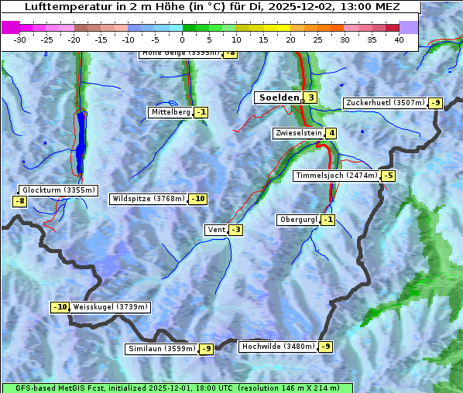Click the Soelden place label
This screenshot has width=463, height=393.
click(x=278, y=97)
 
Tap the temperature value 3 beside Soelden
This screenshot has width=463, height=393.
click(x=310, y=97)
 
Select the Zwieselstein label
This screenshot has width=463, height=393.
click(x=298, y=133)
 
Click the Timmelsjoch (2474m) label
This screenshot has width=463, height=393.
click(x=337, y=176)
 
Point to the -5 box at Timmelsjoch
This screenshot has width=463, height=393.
click(x=388, y=176)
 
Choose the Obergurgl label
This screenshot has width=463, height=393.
click(x=297, y=220)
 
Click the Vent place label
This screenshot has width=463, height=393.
click(x=216, y=230)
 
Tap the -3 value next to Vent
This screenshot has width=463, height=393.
click(x=235, y=230)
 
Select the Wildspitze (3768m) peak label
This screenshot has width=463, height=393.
click(x=149, y=199)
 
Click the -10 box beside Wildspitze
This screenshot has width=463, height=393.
click(x=198, y=199)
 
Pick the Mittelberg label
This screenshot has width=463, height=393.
click(x=170, y=112)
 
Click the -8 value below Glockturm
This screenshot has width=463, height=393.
click(x=20, y=202)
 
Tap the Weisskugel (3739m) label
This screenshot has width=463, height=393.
click(x=110, y=307)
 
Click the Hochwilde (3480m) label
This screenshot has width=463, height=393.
click(x=278, y=347)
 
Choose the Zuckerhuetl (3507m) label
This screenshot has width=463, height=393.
click(x=385, y=103)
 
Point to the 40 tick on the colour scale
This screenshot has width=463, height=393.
click(x=399, y=39)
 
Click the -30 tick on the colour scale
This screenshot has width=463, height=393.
click(x=20, y=39)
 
